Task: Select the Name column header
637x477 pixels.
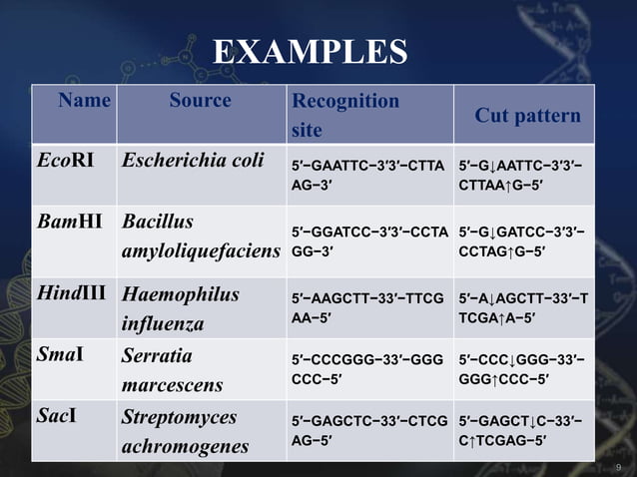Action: [x=84, y=100]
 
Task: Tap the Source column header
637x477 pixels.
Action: [x=200, y=100]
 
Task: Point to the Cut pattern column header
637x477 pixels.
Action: [x=527, y=116]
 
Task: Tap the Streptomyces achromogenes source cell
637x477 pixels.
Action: [x=185, y=428]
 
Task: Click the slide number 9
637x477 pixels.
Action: [x=620, y=466]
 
